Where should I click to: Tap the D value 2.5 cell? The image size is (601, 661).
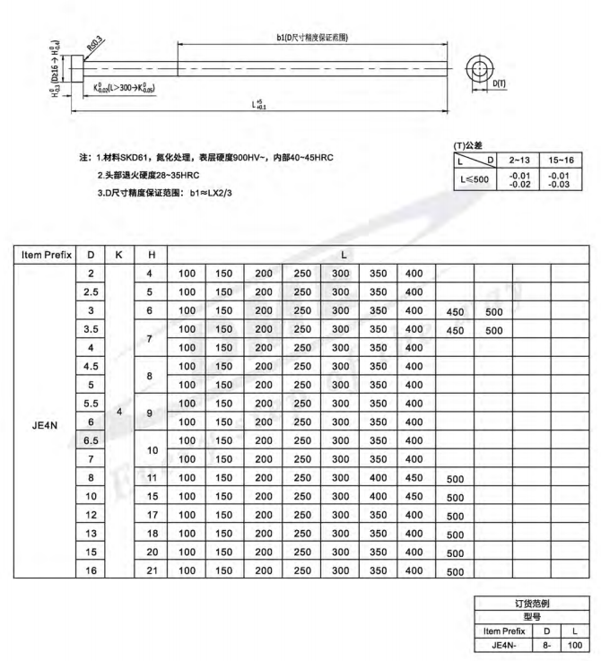tap(91, 291)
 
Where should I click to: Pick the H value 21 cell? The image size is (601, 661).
tap(151, 570)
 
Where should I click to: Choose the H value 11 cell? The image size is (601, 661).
tap(151, 477)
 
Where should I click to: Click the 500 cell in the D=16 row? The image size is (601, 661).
tap(455, 570)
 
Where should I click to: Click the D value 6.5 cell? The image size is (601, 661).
tap(91, 439)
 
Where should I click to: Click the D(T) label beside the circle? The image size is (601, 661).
tap(500, 83)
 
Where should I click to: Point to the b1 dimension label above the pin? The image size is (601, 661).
tap(312, 37)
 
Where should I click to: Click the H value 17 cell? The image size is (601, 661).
tap(151, 514)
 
